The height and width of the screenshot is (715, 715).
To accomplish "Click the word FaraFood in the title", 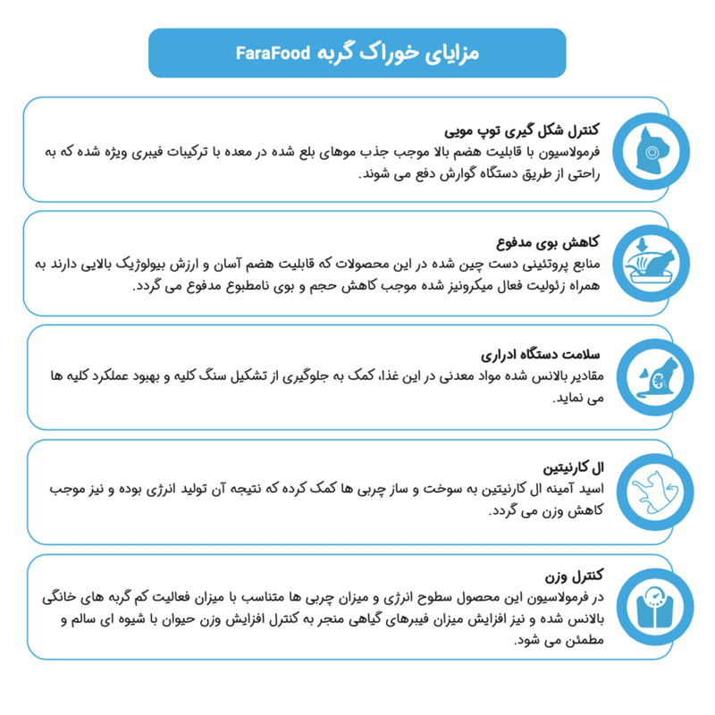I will click(273, 54).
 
